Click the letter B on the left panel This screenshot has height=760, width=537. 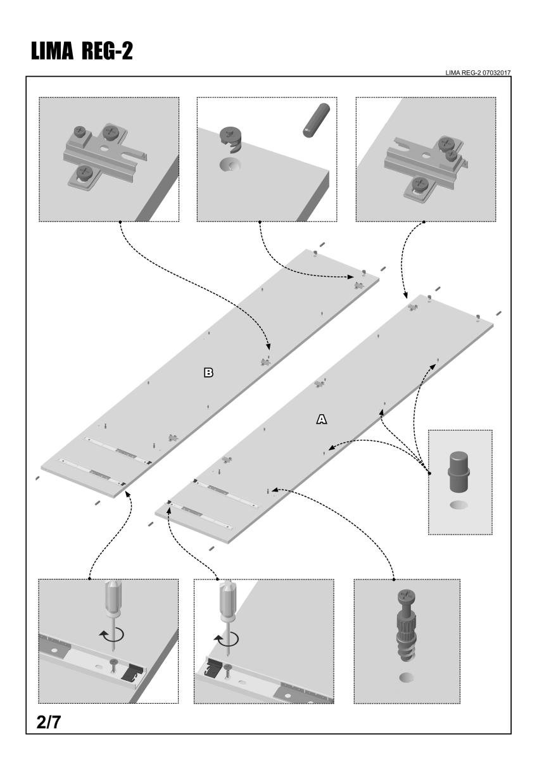208,372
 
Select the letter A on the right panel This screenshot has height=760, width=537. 321,419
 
